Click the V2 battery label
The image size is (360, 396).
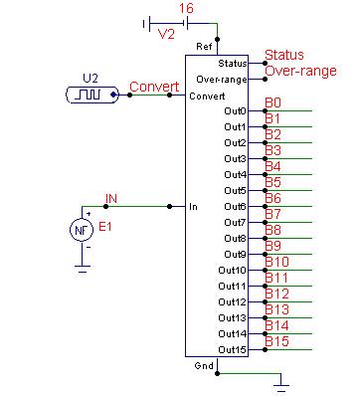click(x=166, y=34)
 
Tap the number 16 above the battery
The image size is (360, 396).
click(x=186, y=8)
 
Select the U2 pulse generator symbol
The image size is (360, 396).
click(x=92, y=95)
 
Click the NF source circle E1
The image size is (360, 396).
click(x=82, y=230)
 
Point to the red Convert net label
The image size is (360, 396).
click(x=154, y=87)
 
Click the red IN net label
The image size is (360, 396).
click(x=111, y=199)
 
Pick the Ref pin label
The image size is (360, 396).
click(x=204, y=47)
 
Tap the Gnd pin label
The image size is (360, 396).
click(x=204, y=366)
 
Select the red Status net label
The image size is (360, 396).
click(x=284, y=55)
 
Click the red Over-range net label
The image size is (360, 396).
click(x=300, y=71)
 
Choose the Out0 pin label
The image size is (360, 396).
click(x=236, y=110)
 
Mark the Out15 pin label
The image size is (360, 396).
click(x=233, y=349)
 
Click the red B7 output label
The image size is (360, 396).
click(x=272, y=214)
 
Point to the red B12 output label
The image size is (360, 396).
click(x=276, y=294)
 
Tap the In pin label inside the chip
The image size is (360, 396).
click(x=193, y=207)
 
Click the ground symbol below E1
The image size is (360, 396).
click(x=82, y=269)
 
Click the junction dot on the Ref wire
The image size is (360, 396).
click(x=217, y=39)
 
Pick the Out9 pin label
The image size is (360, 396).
click(x=236, y=254)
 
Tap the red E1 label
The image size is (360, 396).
click(x=105, y=227)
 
